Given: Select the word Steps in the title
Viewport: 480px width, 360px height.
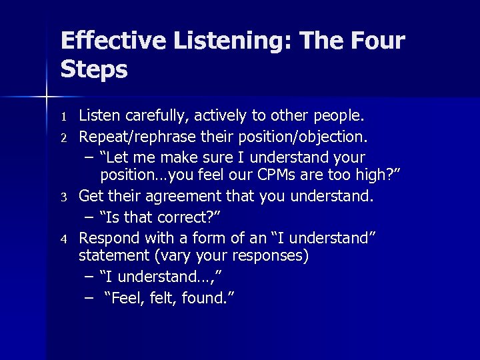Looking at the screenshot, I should (x=94, y=69).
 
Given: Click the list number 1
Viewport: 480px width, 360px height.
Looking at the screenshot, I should (x=65, y=117).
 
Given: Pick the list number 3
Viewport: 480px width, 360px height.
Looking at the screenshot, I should (x=65, y=198).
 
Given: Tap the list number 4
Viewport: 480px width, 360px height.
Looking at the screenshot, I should (x=65, y=239).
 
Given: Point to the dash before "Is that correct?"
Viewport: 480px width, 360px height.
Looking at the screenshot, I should (x=89, y=217).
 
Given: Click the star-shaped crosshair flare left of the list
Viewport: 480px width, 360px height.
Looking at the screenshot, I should (x=45, y=97).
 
